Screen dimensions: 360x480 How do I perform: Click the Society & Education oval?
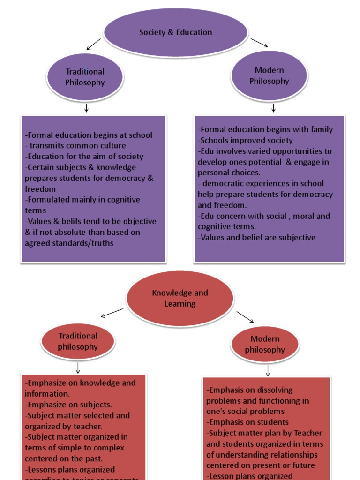point(175,32)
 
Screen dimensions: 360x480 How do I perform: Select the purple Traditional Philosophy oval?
point(85,77)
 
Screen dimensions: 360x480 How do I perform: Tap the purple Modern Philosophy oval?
point(269,75)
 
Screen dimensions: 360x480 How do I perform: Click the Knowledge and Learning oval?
point(180,298)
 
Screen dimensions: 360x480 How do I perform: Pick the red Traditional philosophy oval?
point(78,341)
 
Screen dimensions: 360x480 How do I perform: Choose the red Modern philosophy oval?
point(264,344)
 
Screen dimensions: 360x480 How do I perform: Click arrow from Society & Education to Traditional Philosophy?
point(94,44)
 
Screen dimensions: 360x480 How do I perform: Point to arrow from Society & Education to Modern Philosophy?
point(259,43)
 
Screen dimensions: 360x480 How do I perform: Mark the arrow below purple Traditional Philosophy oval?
point(86,108)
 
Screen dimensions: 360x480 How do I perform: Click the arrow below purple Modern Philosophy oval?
point(273,108)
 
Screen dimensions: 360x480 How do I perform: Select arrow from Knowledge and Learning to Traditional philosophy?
point(112,313)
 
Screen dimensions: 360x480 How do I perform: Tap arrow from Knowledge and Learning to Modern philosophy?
point(245,317)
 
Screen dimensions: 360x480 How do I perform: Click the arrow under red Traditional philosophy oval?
point(78,367)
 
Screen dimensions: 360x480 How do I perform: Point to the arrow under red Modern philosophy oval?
point(268,371)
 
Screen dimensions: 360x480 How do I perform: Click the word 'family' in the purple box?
point(321,129)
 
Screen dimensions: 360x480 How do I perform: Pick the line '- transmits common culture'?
point(75,145)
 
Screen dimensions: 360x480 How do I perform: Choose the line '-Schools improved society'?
point(246,140)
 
